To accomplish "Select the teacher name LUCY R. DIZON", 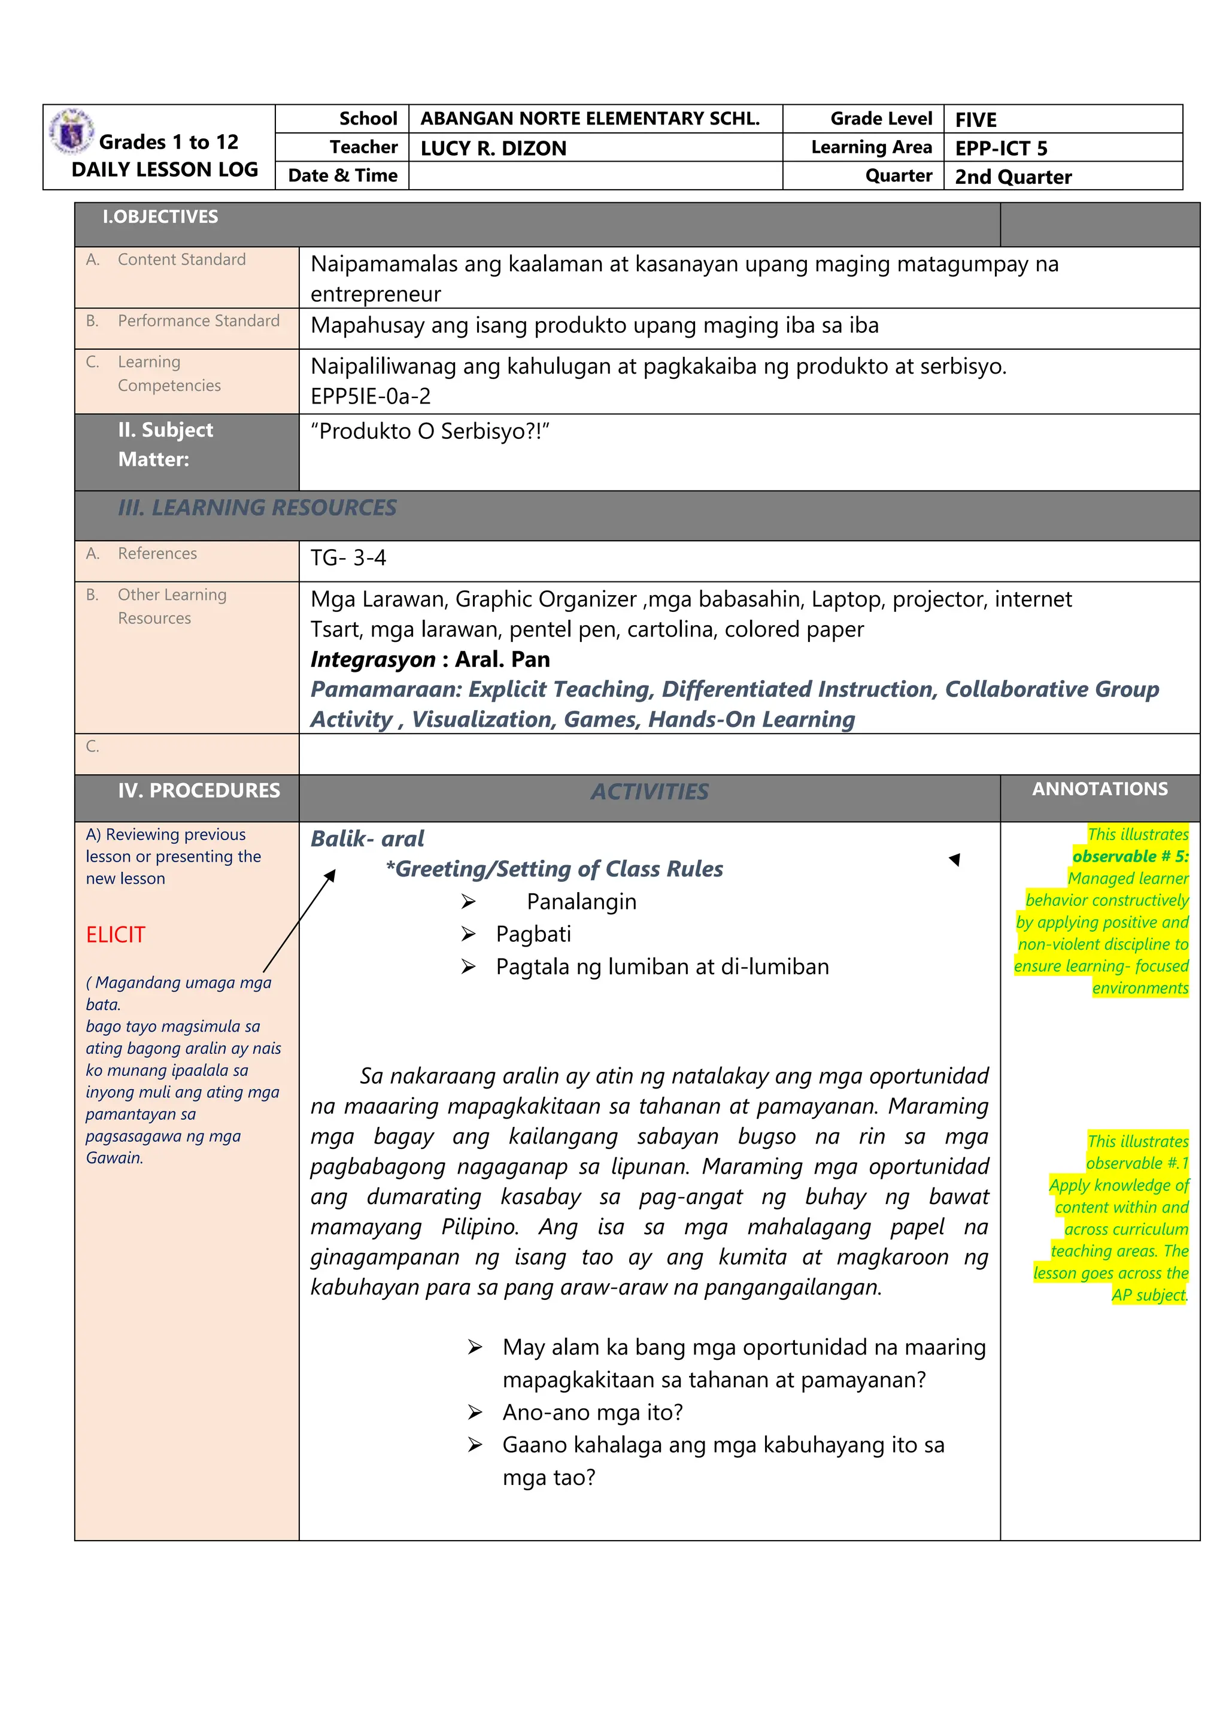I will coord(493,148).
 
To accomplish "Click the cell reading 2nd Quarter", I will coord(1012,177).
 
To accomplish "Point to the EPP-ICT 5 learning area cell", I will coord(1000,148).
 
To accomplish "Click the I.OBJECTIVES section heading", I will coord(160,217).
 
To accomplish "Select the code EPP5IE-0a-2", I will coord(371,396).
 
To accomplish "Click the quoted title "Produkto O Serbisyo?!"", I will coord(430,431).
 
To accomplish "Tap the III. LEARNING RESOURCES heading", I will coord(257,508).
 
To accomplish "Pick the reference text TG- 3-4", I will coord(348,558).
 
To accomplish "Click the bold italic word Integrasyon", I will coord(373,659).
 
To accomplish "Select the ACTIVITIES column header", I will coord(650,792).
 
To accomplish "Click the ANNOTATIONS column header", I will coord(1099,789).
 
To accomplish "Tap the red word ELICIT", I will coord(115,935).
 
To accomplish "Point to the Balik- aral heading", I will coord(367,838).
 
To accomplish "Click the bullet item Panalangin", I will coord(581,902).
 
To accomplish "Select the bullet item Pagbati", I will coord(533,934).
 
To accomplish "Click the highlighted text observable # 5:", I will coord(1130,856).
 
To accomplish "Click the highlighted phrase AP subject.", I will coord(1148,1295).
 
